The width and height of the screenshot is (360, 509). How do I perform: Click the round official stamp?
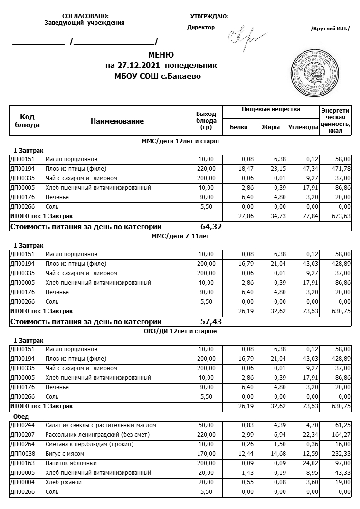(x=314, y=69)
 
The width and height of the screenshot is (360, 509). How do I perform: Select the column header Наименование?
(x=117, y=121)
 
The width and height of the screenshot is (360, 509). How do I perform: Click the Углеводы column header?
(x=303, y=127)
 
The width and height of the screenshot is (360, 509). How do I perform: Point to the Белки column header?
(x=238, y=127)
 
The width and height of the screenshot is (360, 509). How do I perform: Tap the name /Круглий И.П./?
(x=330, y=29)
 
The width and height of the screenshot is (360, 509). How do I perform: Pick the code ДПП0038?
(x=21, y=454)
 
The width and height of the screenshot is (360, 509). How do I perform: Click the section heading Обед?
(x=21, y=416)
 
